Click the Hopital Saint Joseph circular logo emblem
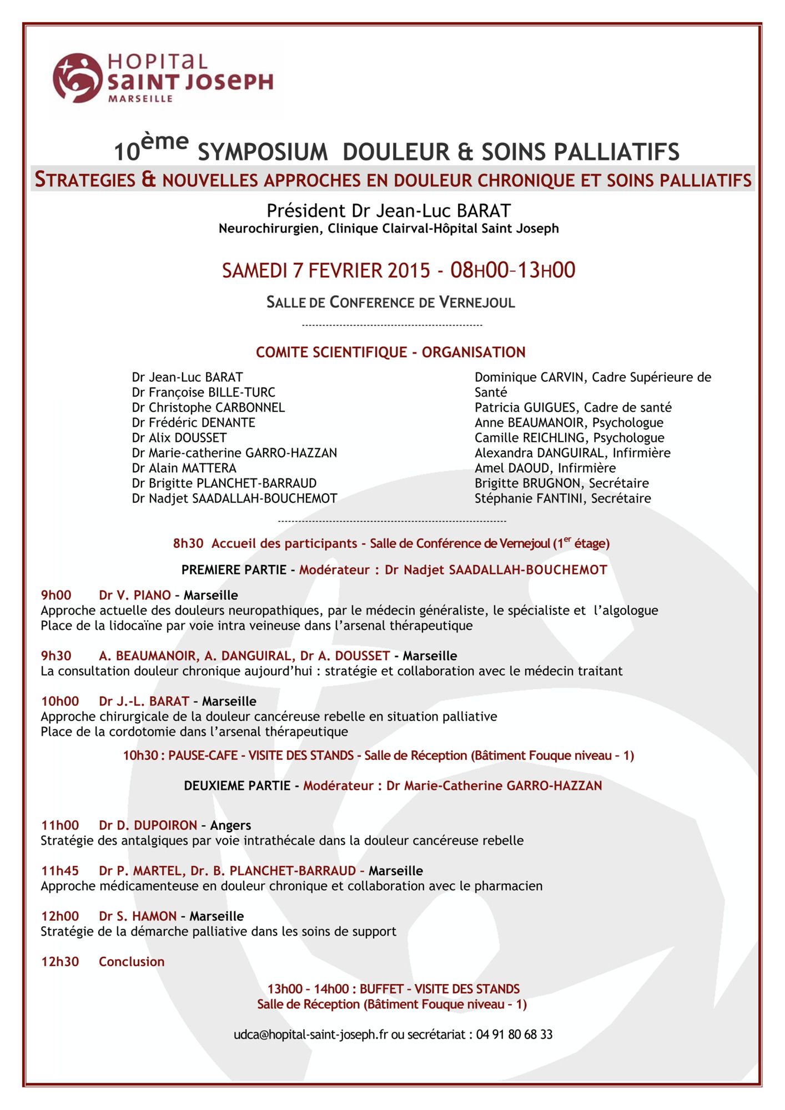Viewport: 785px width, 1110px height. (78, 78)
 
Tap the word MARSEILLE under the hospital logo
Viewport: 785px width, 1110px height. (140, 99)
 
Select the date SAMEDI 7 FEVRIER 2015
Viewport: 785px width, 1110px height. (326, 270)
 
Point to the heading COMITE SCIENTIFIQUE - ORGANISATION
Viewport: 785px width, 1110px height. (390, 352)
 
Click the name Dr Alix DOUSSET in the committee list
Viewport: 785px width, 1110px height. (179, 437)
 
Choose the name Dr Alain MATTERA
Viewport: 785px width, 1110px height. (184, 468)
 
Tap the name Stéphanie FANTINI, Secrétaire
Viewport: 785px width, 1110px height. (562, 498)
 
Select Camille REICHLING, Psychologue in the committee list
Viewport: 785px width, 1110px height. (569, 437)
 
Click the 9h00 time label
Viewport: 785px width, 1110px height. (56, 596)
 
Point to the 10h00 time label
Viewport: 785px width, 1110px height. (60, 702)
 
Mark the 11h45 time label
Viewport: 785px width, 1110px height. (60, 871)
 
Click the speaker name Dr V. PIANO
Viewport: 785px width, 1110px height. (135, 596)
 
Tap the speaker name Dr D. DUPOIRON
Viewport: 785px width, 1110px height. (148, 825)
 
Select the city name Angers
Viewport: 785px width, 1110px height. (230, 825)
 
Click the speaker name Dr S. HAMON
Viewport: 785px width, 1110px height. (138, 916)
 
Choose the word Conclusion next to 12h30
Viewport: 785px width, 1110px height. (132, 962)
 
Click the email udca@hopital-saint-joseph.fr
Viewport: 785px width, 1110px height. (310, 1035)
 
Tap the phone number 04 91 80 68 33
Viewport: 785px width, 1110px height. (514, 1035)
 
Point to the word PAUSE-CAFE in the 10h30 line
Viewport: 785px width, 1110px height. (203, 755)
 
